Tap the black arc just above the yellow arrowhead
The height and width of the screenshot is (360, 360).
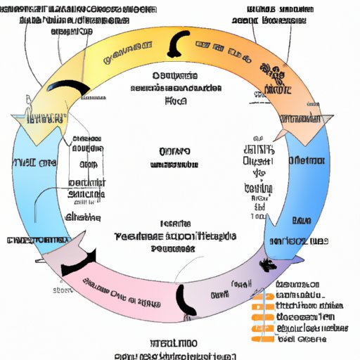click(x=74, y=88)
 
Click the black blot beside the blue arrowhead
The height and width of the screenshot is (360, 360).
click(x=269, y=266)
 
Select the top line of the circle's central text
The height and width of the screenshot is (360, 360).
click(x=174, y=151)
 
